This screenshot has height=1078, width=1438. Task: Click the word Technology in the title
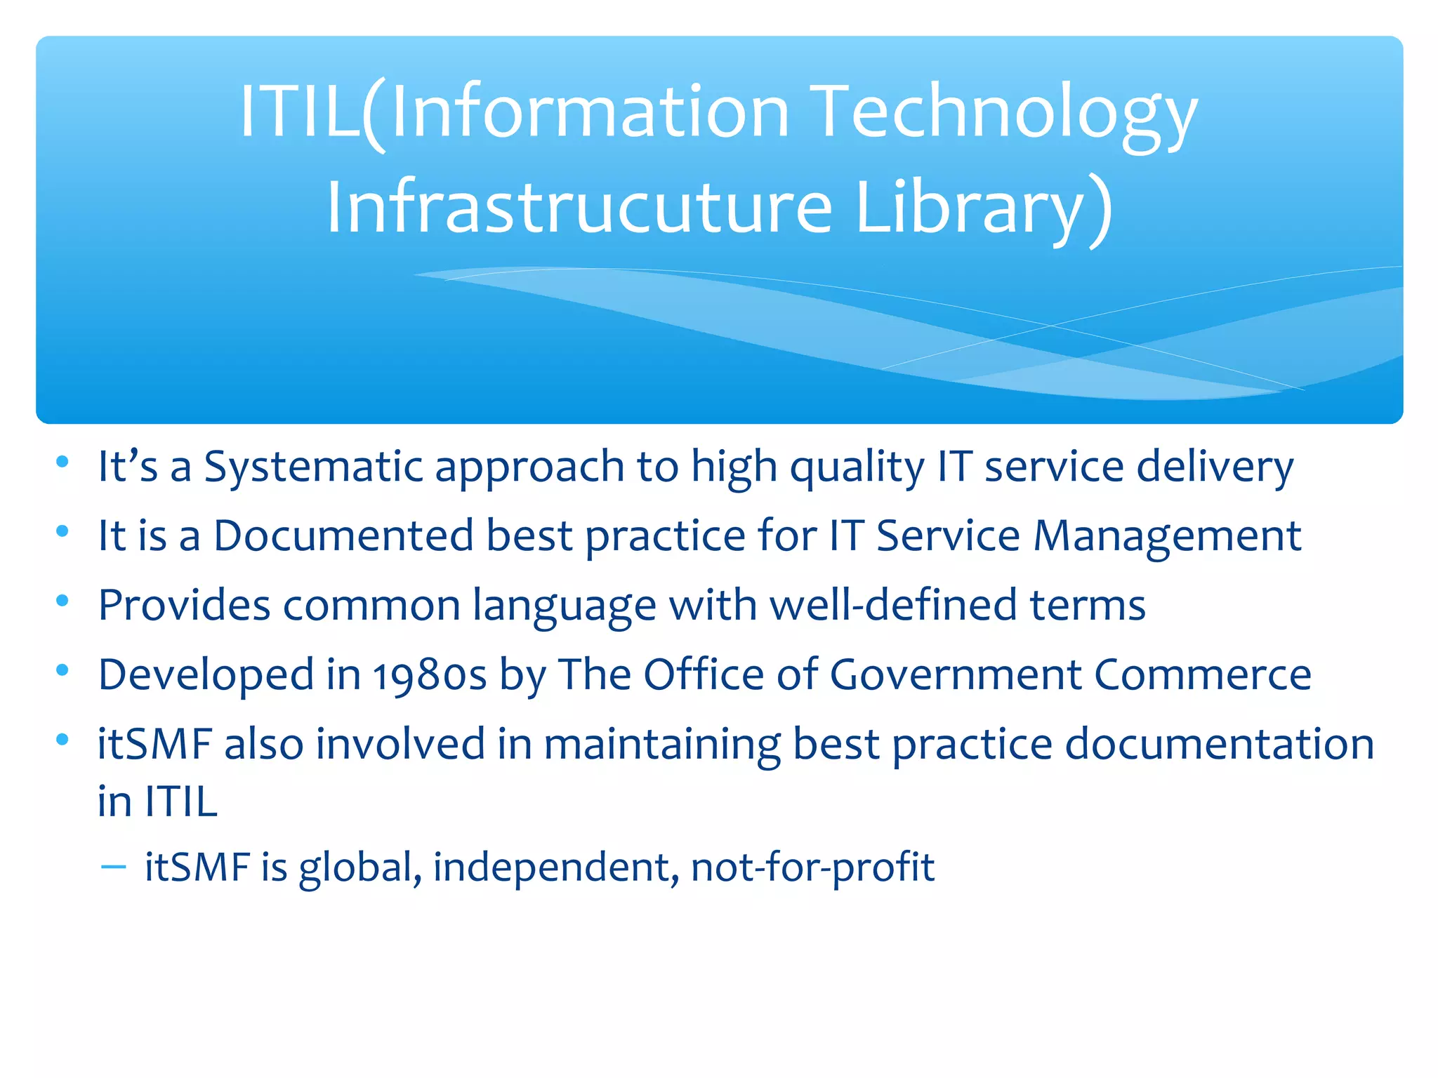pyautogui.click(x=1004, y=112)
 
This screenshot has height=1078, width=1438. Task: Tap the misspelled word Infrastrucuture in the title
pyautogui.click(x=580, y=207)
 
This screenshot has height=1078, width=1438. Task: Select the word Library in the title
pyautogui.click(x=983, y=207)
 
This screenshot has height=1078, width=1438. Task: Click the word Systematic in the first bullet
pyautogui.click(x=313, y=467)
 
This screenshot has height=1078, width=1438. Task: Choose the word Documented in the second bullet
pyautogui.click(x=343, y=536)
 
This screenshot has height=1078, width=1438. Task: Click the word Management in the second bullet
pyautogui.click(x=1167, y=536)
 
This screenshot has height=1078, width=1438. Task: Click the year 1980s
pyautogui.click(x=429, y=676)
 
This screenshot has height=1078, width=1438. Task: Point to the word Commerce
pyautogui.click(x=1203, y=675)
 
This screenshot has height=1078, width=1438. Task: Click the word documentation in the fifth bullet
pyautogui.click(x=1219, y=744)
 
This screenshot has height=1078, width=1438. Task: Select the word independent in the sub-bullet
pyautogui.click(x=555, y=867)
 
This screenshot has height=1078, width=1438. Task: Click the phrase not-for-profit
pyautogui.click(x=812, y=867)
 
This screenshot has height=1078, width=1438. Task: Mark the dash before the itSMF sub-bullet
pyautogui.click(x=113, y=867)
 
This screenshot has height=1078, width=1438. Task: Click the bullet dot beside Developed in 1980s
pyautogui.click(x=62, y=670)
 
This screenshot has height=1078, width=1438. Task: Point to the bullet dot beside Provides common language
pyautogui.click(x=62, y=601)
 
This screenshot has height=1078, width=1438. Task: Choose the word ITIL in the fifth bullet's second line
pyautogui.click(x=181, y=801)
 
